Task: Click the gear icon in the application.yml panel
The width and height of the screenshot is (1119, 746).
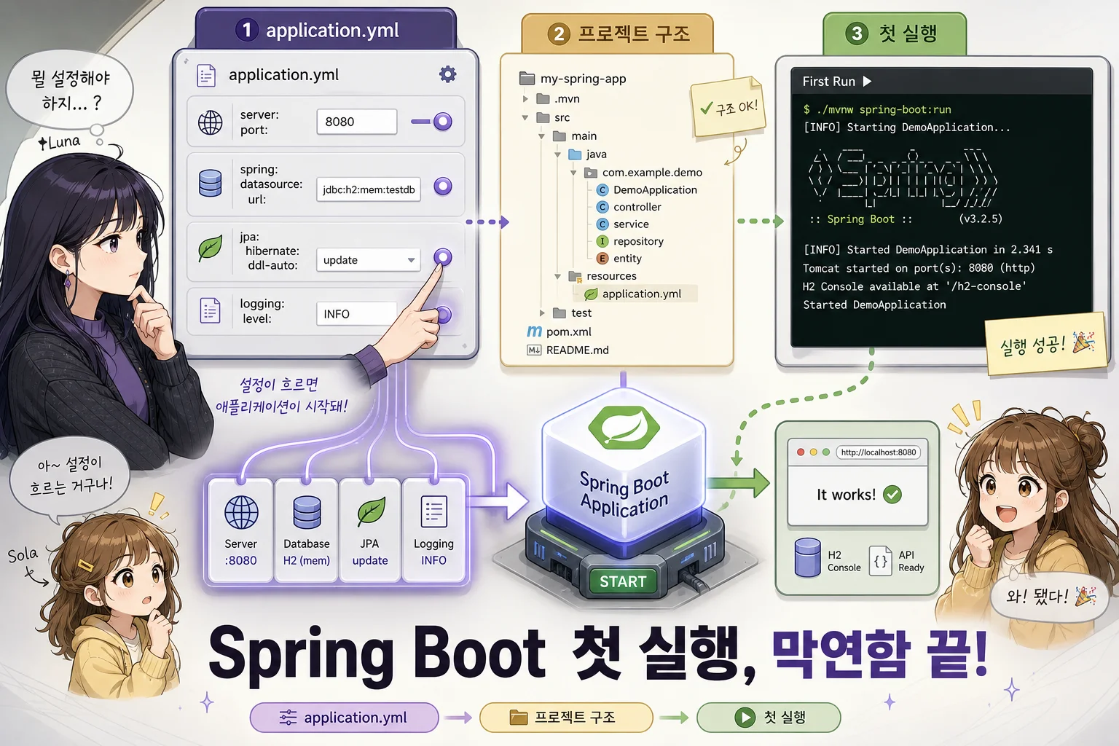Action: click(447, 74)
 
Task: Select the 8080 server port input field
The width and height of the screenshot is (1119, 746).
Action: click(357, 122)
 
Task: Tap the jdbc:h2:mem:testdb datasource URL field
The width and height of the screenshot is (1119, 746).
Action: click(369, 189)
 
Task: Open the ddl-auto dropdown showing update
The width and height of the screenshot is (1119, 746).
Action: click(369, 260)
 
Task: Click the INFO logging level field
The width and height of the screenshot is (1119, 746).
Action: click(357, 314)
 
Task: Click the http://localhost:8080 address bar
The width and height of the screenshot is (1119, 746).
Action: click(878, 452)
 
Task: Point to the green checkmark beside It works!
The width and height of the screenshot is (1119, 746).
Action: click(892, 494)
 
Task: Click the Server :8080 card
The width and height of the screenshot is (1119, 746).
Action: click(241, 530)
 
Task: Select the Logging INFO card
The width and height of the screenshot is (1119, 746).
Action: click(433, 530)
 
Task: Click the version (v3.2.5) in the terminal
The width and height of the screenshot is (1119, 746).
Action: click(980, 219)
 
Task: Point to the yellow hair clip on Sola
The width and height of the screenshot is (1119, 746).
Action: click(87, 566)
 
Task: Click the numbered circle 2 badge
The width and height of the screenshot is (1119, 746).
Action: click(559, 34)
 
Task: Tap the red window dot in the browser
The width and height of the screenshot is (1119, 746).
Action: click(801, 452)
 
